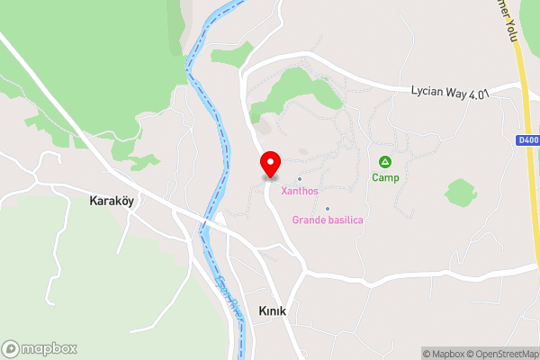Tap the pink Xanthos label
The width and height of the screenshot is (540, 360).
tap(300, 191)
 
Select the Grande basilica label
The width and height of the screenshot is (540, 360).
tap(328, 220)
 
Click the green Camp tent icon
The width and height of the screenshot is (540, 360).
tap(385, 162)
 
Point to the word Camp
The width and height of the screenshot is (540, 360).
tap(385, 178)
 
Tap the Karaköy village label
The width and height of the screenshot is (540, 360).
tap(112, 201)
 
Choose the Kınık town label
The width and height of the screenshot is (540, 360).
tap(272, 310)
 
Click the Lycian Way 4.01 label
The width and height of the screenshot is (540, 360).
tap(449, 92)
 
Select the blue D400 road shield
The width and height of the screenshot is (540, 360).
tap(528, 139)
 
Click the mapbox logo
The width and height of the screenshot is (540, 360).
tap(40, 348)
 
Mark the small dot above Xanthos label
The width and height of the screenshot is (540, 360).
tap(300, 178)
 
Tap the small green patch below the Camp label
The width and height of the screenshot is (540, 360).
tap(460, 192)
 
